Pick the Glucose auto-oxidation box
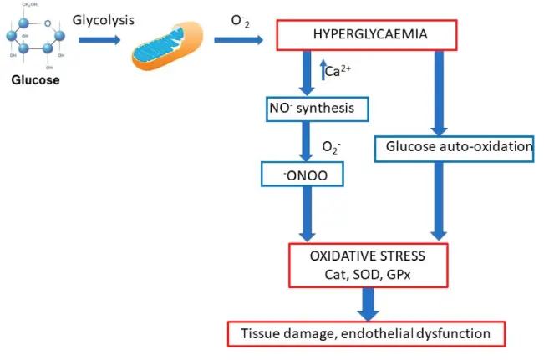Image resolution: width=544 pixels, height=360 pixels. point(459,147)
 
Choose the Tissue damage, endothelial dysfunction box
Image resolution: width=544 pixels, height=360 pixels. point(367,334)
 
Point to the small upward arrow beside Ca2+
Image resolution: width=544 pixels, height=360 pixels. point(323,70)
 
